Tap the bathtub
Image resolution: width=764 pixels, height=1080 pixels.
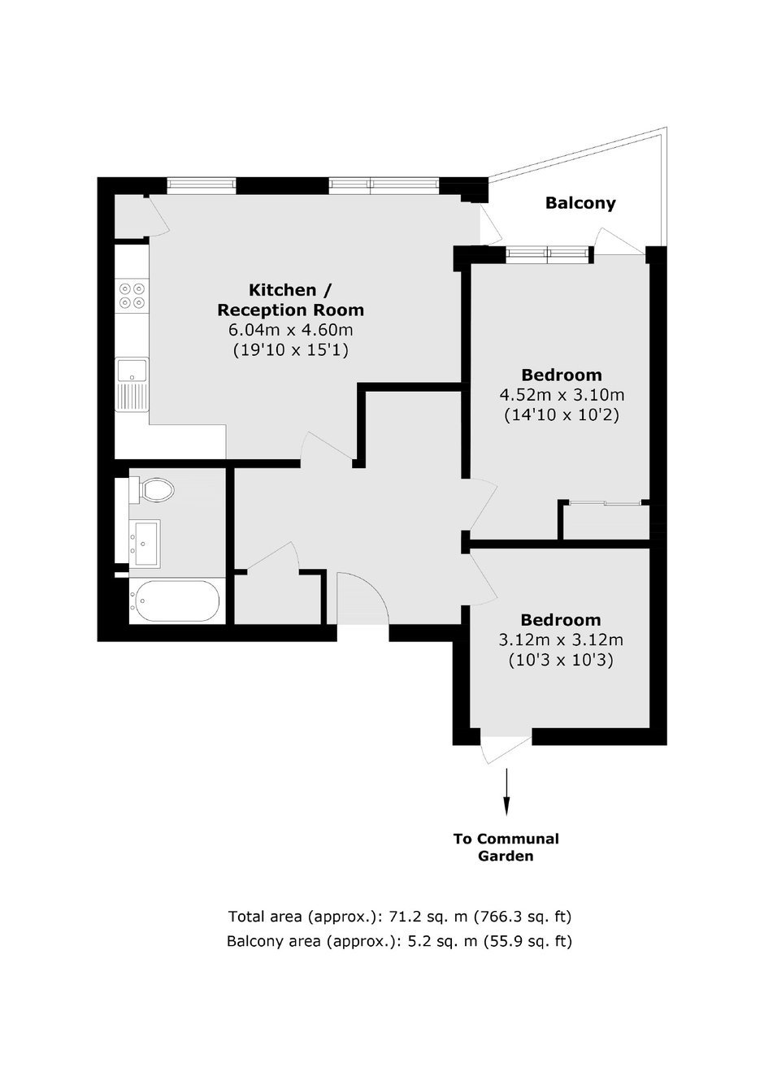(x=174, y=601)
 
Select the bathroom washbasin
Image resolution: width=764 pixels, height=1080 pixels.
(x=145, y=542)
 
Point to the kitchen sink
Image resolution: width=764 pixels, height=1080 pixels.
(x=132, y=384)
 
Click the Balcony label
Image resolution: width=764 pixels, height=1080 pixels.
(x=580, y=203)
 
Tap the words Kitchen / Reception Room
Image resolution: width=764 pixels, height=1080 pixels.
(x=290, y=300)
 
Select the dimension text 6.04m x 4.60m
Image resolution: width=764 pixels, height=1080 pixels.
(x=290, y=330)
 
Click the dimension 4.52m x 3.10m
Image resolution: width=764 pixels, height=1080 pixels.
(x=562, y=396)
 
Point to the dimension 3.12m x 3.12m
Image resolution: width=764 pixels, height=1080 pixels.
(x=561, y=640)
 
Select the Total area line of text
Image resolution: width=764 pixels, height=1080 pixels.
(x=399, y=916)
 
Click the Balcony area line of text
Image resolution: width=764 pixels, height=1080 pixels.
(x=399, y=941)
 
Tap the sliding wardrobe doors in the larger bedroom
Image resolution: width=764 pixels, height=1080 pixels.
(x=606, y=503)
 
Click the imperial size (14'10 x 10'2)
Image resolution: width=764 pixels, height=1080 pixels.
(x=562, y=415)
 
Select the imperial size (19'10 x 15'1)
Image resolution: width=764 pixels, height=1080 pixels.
(x=290, y=350)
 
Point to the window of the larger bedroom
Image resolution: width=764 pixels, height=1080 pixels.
(x=548, y=254)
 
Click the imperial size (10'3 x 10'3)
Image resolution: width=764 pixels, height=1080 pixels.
(x=561, y=660)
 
